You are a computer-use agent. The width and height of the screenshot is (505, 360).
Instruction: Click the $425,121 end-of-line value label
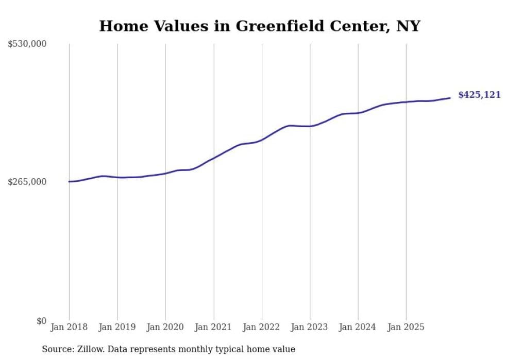tap(479, 95)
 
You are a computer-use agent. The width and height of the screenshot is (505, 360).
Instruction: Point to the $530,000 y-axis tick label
tap(27, 44)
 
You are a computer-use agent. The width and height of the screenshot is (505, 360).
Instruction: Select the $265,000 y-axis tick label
tap(27, 182)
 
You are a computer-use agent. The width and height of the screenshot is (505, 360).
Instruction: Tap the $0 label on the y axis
tap(41, 321)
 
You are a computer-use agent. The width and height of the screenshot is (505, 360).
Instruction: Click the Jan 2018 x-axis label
tap(69, 327)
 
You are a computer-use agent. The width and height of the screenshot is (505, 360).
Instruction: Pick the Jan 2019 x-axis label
tap(117, 327)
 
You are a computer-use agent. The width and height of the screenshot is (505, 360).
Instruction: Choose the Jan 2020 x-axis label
tap(165, 327)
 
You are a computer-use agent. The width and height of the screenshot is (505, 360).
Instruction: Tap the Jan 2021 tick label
tap(213, 327)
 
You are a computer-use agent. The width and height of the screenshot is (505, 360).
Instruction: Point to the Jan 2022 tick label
tap(262, 327)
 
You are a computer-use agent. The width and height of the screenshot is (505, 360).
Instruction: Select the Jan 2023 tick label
tap(310, 327)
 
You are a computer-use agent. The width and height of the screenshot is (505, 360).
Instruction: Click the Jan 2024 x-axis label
tap(358, 327)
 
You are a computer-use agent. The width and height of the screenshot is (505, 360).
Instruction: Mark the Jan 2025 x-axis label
tap(406, 327)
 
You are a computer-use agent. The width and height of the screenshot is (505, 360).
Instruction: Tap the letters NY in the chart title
tap(408, 26)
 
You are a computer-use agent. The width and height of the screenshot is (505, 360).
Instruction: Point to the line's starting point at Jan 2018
tap(69, 182)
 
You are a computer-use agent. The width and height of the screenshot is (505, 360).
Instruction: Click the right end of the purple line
tap(450, 98)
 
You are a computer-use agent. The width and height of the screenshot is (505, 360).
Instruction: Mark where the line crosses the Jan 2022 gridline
tap(262, 139)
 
